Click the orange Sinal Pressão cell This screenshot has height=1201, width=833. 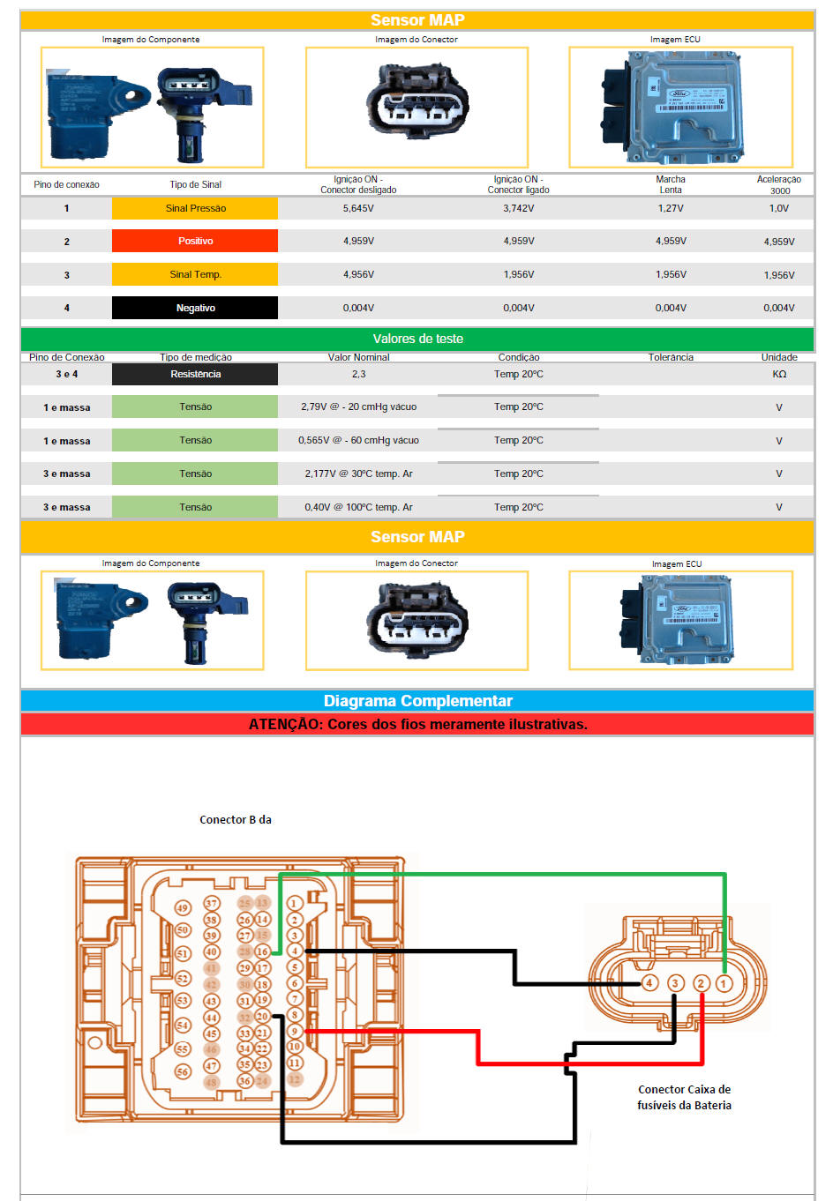point(195,208)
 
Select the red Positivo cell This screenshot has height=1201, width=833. point(195,241)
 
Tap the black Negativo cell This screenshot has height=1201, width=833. point(195,308)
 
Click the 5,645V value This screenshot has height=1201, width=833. point(358,208)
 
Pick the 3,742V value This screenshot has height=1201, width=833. point(518,208)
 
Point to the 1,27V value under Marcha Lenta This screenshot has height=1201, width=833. point(671,208)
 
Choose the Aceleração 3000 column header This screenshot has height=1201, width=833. point(779,184)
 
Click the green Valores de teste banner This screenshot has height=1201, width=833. point(417,339)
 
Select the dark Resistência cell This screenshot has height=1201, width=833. point(195,374)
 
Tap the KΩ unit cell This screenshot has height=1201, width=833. point(779,374)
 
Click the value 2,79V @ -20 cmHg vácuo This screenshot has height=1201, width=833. point(358,407)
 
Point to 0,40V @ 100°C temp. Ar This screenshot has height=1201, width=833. point(358,507)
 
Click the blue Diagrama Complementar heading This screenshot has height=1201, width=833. point(417,701)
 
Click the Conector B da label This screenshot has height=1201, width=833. point(236,819)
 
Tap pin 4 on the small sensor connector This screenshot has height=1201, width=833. point(649,982)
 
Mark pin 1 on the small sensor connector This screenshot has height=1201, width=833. point(724,982)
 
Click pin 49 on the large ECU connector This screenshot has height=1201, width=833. point(183,907)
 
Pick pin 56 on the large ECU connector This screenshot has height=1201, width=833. point(183,1071)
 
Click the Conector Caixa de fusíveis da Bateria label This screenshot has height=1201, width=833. point(684,1097)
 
